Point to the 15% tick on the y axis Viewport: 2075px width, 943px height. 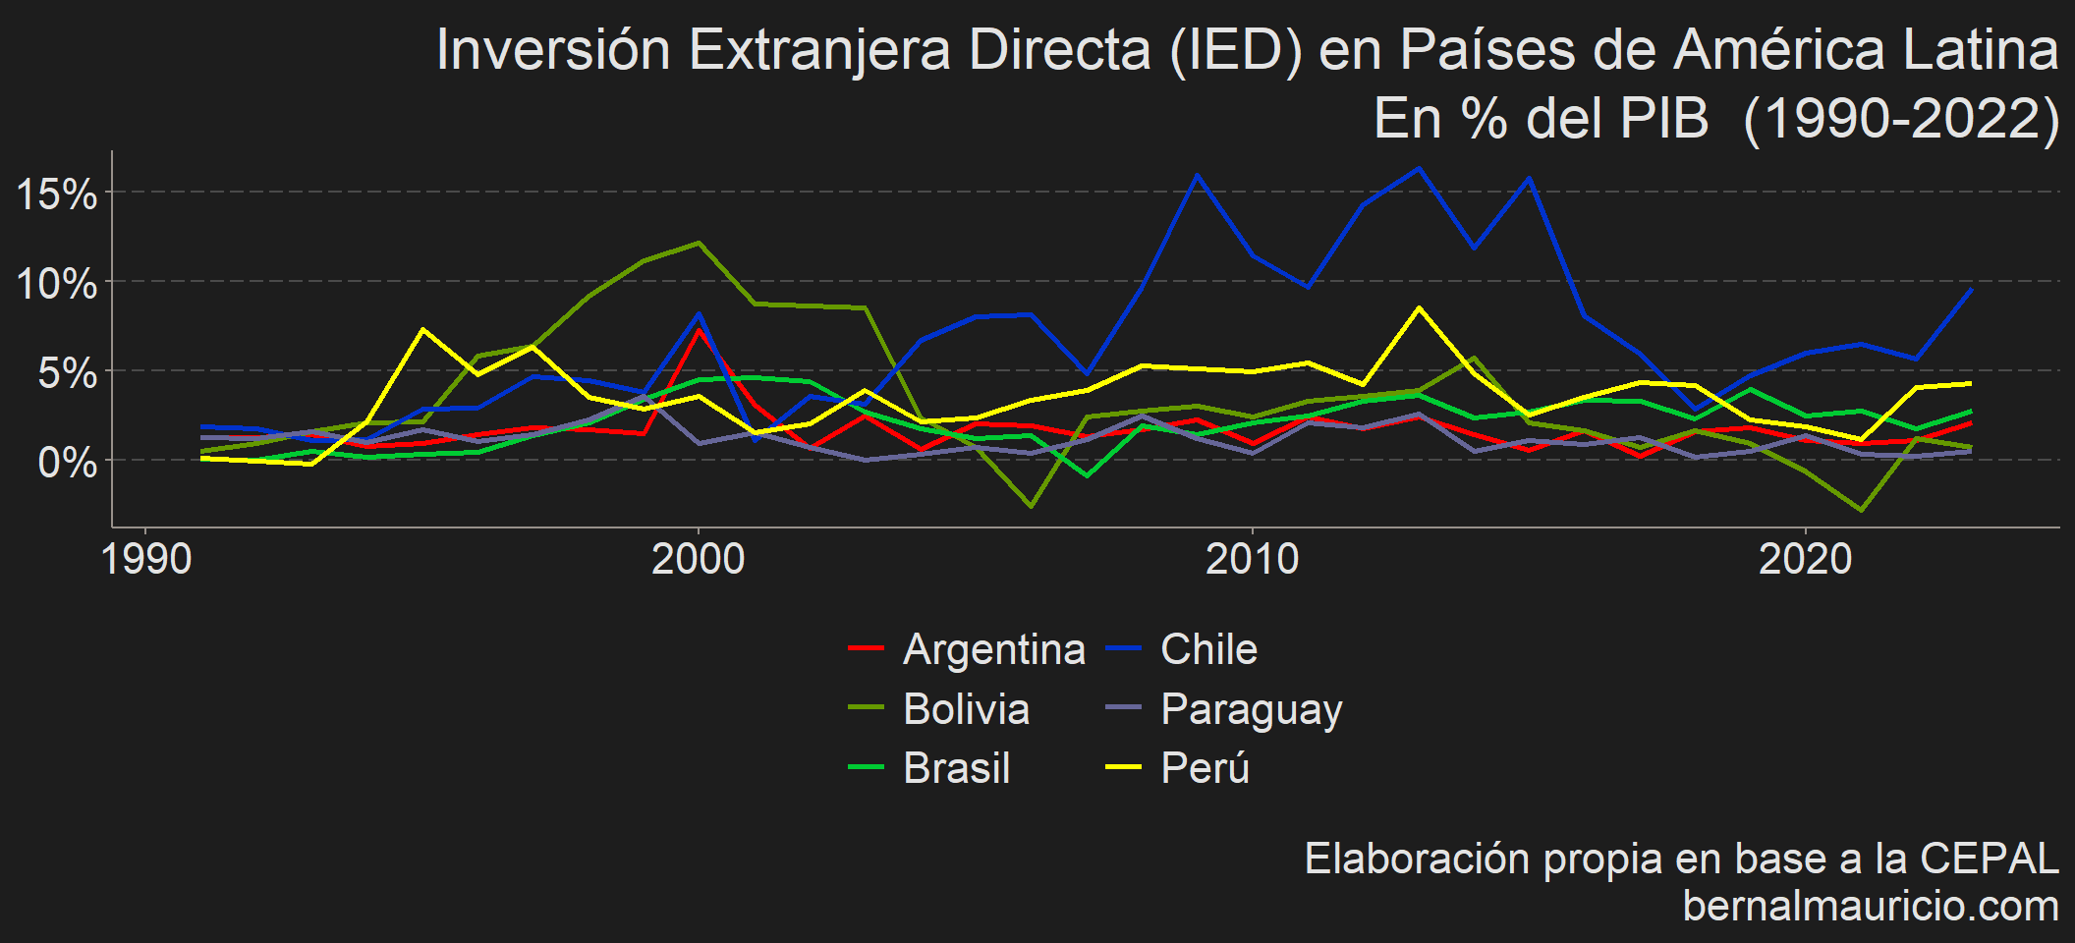coord(57,194)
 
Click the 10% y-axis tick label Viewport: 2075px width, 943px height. coord(57,284)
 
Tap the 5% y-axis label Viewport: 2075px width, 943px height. coord(67,373)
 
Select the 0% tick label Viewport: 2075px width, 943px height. coord(67,462)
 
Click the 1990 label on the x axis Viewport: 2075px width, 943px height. coord(146,559)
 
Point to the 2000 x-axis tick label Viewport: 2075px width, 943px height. coord(699,559)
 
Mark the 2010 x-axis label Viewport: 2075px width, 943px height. coord(1252,559)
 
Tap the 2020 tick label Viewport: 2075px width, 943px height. coord(1805,559)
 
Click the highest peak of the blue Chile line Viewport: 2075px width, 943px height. coord(1418,168)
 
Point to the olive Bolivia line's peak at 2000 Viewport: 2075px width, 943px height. coord(699,243)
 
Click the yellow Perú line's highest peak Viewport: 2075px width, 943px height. coord(1418,307)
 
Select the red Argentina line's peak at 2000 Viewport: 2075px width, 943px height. coord(699,329)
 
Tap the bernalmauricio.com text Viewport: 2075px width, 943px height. coord(1871,906)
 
